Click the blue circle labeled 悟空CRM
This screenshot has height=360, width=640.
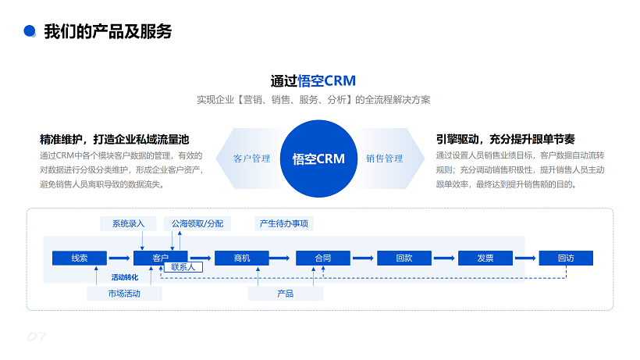pyautogui.click(x=319, y=159)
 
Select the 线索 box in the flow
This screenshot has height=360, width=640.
pyautogui.click(x=79, y=258)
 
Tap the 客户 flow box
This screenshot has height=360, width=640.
pyautogui.click(x=161, y=258)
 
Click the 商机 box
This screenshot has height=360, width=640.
pyautogui.click(x=242, y=258)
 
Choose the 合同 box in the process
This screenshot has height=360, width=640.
pyautogui.click(x=323, y=258)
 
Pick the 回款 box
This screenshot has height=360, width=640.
pyautogui.click(x=404, y=258)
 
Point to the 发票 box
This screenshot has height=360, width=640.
pyautogui.click(x=485, y=258)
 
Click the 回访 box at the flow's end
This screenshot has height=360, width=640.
pyautogui.click(x=566, y=258)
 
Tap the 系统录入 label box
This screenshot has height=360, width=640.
pyautogui.click(x=128, y=223)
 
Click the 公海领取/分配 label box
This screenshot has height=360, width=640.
pyautogui.click(x=197, y=223)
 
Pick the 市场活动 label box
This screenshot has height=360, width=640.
pyautogui.click(x=124, y=294)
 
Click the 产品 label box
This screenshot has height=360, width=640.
pyautogui.click(x=286, y=294)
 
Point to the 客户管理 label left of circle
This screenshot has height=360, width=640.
pyautogui.click(x=251, y=159)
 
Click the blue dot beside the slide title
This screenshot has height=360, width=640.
pyautogui.click(x=30, y=31)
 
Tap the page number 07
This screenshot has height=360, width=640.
pyautogui.click(x=37, y=337)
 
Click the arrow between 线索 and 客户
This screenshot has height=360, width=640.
pyautogui.click(x=119, y=258)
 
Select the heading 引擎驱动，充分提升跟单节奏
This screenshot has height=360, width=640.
pyautogui.click(x=505, y=139)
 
